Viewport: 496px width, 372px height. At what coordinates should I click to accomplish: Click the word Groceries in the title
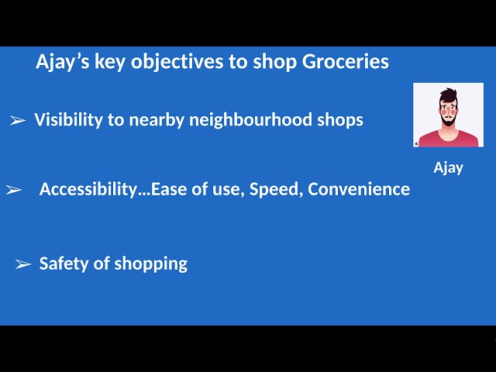pos(345,61)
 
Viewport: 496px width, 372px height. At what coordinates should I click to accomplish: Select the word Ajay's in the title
pos(63,62)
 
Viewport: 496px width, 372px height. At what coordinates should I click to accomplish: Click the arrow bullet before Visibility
pos(18,120)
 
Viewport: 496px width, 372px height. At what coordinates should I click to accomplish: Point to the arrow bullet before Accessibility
pos(14,190)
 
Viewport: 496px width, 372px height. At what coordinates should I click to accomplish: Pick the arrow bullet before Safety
pos(23,263)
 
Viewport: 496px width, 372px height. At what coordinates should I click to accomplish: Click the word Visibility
pos(68,120)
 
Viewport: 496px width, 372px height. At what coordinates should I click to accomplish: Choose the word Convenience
pos(359,189)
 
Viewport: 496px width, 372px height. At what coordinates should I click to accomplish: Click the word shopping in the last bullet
pos(151,264)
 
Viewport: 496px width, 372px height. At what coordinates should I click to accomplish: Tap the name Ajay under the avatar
pos(448,167)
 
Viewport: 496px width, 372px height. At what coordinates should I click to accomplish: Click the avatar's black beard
pos(449,119)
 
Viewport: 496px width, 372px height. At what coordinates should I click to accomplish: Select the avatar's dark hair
pos(448,95)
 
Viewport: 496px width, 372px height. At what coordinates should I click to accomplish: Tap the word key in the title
pos(110,62)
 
